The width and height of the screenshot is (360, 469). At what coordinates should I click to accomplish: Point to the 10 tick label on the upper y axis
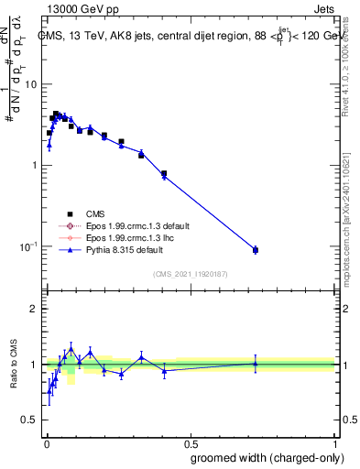[29, 84]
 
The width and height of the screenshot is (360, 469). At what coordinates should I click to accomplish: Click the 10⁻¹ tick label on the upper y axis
[27, 246]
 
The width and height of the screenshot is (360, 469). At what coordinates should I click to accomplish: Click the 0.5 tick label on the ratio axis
[29, 420]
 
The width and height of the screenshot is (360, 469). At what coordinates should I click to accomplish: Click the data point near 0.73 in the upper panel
[256, 250]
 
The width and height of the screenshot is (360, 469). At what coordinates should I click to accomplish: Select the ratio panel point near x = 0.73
[256, 363]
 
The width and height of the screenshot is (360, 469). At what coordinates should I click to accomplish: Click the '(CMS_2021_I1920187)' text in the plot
[191, 273]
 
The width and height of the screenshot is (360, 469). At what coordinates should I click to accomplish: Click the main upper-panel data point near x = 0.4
[164, 174]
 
